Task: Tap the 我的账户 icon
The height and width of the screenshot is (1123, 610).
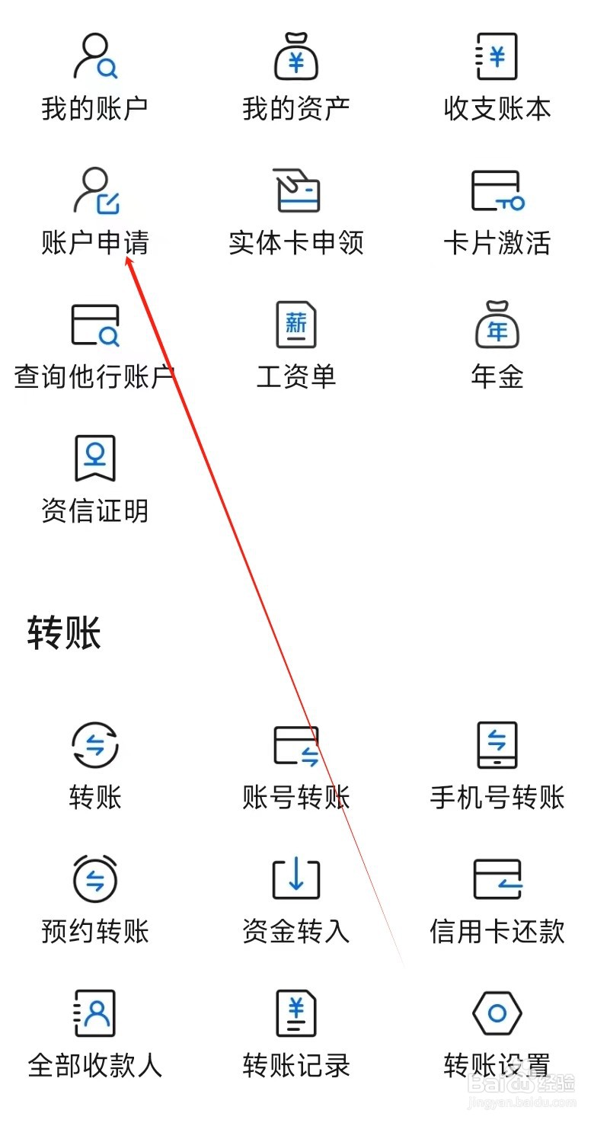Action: click(95, 56)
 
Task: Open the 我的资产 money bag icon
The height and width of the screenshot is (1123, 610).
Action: click(296, 56)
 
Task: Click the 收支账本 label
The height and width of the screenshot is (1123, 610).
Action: click(497, 109)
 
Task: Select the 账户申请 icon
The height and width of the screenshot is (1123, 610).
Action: click(95, 190)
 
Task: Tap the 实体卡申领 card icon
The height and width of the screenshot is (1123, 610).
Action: click(296, 190)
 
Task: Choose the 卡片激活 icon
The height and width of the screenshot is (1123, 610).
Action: click(497, 190)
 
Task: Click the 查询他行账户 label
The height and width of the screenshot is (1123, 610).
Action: click(95, 376)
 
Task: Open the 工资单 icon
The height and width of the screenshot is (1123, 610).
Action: click(296, 325)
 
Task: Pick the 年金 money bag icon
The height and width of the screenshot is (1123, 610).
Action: click(497, 325)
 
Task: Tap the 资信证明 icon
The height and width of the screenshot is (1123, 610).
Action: click(95, 459)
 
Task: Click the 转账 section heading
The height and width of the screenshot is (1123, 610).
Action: click(64, 633)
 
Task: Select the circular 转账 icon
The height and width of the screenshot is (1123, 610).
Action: click(95, 744)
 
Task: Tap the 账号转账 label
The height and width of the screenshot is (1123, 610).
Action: click(296, 798)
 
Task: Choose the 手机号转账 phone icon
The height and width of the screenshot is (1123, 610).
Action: click(497, 744)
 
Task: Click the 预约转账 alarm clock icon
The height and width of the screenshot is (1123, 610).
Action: click(95, 878)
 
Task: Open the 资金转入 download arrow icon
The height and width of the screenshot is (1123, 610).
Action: click(296, 878)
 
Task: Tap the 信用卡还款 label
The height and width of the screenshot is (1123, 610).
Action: click(497, 931)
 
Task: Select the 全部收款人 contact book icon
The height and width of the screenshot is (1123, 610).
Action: click(95, 1013)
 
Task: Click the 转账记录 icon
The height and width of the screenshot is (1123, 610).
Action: click(296, 1013)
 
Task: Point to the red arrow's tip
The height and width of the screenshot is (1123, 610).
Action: click(127, 258)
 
